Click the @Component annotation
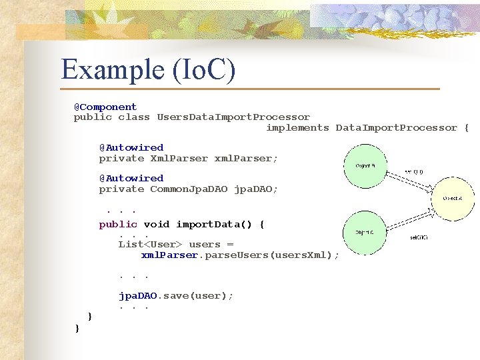pyautogui.click(x=105, y=107)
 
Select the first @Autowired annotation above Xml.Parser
pyautogui.click(x=131, y=147)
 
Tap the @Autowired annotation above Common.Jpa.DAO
pyautogui.click(x=131, y=178)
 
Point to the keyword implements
pyautogui.click(x=297, y=127)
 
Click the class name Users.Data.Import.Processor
pyautogui.click(x=233, y=117)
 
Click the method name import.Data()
pyautogui.click(x=220, y=224)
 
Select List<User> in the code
pyautogui.click(x=151, y=244)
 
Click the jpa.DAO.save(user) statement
pyautogui.click(x=176, y=295)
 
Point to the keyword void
pyautogui.click(x=157, y=224)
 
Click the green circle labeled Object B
pyautogui.click(x=365, y=165)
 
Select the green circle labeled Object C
pyautogui.click(x=364, y=233)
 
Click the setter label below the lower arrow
pyautogui.click(x=418, y=237)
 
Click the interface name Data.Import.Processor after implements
pyautogui.click(x=396, y=127)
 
